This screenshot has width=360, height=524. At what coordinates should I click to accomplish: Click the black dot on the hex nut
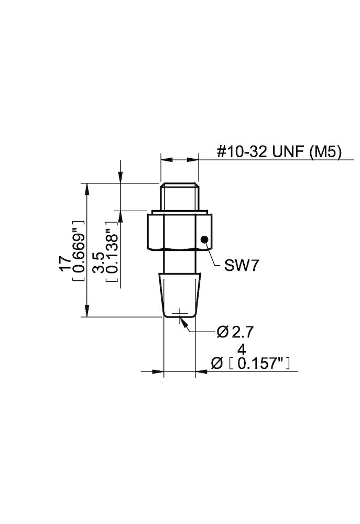pyautogui.click(x=204, y=239)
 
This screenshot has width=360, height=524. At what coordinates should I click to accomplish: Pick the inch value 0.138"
pyautogui.click(x=111, y=254)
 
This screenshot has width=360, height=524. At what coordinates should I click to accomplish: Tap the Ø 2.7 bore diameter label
pyautogui.click(x=237, y=332)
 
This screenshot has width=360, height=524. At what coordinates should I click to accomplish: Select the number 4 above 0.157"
pyautogui.click(x=242, y=349)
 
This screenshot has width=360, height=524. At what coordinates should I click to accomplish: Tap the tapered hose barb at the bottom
pyautogui.click(x=180, y=294)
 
